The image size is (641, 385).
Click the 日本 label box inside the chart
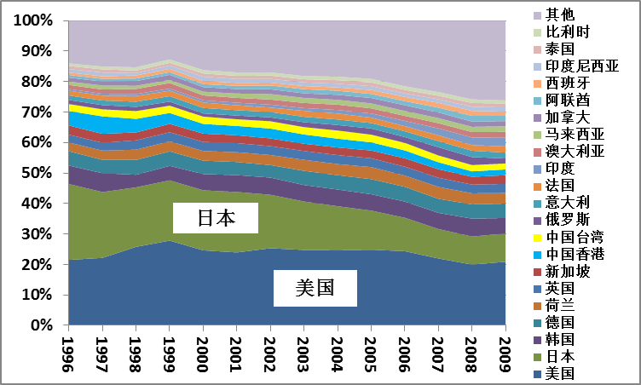tap(215, 218)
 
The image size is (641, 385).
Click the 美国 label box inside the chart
tap(315, 289)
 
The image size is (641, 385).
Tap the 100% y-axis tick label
tap(33, 20)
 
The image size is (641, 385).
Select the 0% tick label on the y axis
tap(43, 325)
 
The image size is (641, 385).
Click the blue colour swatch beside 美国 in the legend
tap(536, 374)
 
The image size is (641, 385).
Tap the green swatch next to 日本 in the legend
tap(536, 358)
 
